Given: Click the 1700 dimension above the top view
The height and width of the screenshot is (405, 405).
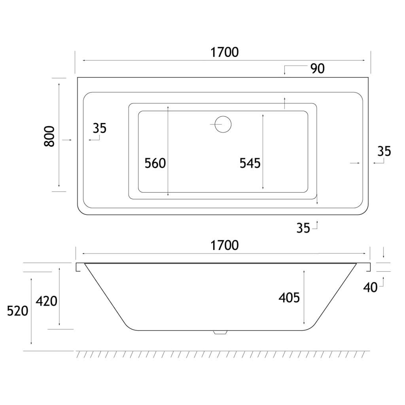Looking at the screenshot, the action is click(x=225, y=53).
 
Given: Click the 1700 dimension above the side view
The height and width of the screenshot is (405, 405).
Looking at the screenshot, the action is click(x=225, y=245).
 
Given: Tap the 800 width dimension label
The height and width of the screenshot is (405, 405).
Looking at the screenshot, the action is click(x=49, y=136).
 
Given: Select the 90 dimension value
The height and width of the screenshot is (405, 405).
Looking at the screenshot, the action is click(x=318, y=69).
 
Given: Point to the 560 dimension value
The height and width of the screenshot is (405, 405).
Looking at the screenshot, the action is click(x=155, y=163).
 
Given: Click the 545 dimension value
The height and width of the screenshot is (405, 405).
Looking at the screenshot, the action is click(x=250, y=163).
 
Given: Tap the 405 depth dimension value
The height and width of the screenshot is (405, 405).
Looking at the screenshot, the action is click(x=289, y=298).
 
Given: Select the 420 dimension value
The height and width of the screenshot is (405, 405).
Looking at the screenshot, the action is click(x=47, y=301).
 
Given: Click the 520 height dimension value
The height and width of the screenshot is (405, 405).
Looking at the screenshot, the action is click(x=17, y=311).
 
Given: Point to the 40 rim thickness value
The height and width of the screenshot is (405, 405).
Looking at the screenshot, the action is click(x=370, y=288).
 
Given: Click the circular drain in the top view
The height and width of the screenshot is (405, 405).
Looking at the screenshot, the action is click(x=223, y=125).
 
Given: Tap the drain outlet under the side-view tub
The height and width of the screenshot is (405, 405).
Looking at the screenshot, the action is click(x=220, y=332).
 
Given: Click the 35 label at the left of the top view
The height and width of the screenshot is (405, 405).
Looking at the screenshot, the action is click(x=100, y=129).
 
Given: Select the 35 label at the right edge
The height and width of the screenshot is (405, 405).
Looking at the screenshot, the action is click(x=384, y=151).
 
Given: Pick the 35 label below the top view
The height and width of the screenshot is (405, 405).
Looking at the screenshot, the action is click(x=303, y=228).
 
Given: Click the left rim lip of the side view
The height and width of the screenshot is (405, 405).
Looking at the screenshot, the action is click(x=79, y=267).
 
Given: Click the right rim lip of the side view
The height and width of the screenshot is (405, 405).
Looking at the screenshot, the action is click(x=368, y=267).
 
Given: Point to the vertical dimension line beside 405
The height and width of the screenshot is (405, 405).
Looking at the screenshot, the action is click(x=304, y=297).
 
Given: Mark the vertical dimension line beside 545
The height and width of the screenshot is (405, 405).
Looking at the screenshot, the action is click(x=263, y=151).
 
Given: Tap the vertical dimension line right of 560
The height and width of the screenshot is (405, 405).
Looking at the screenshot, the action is click(x=168, y=151).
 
